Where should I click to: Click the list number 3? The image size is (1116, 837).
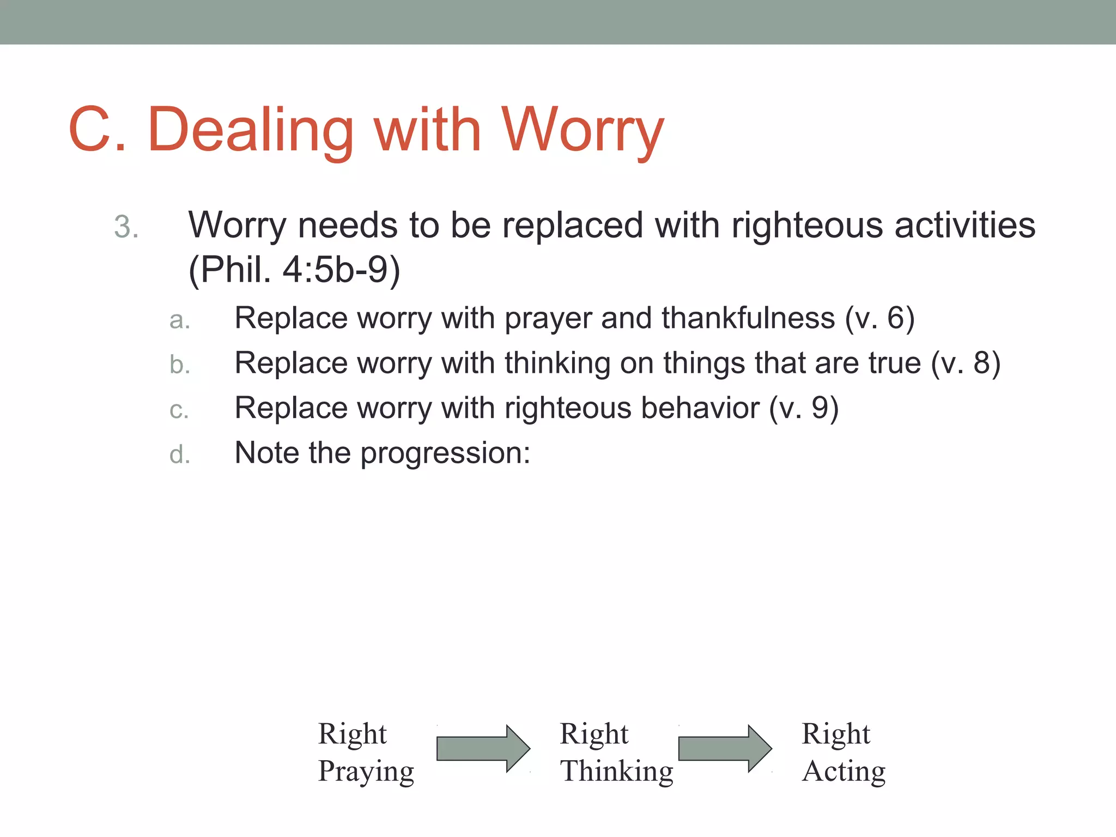point(126,227)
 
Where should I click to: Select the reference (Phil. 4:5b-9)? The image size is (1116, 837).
point(294,270)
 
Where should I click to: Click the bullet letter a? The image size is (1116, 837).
point(179,320)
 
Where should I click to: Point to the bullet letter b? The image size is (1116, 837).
point(179,365)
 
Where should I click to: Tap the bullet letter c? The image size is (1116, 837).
point(179,410)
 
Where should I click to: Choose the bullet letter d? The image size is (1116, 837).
point(179,454)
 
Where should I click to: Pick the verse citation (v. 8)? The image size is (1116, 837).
point(966,363)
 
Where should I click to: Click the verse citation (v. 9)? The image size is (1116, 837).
point(803,408)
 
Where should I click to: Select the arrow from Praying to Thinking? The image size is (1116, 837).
point(483,748)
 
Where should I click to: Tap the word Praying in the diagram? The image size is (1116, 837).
point(366,772)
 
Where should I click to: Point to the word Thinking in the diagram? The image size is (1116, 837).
point(616,772)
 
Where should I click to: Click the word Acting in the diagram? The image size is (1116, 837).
point(843,772)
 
